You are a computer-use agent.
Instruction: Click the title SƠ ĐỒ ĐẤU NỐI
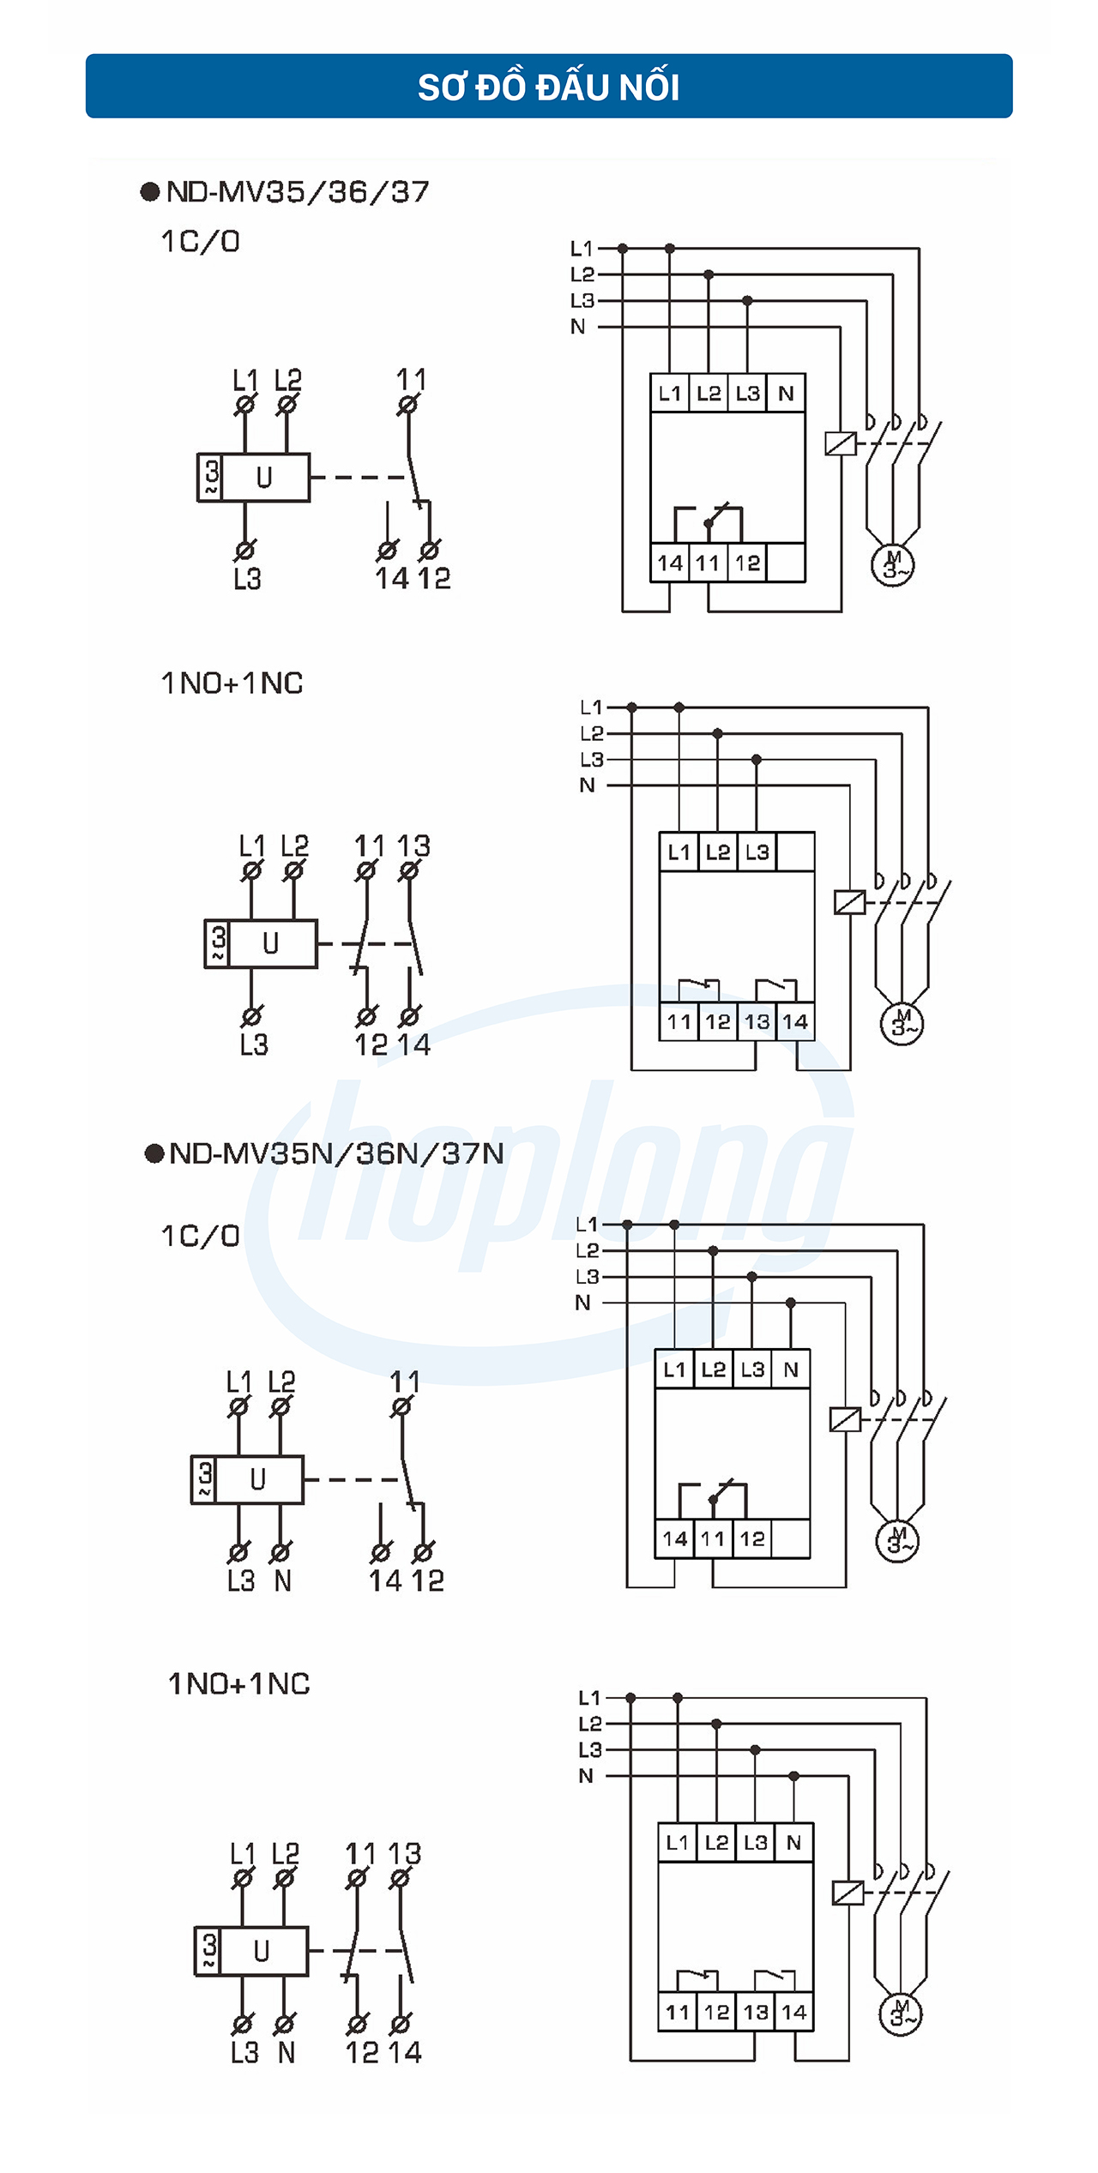click(549, 87)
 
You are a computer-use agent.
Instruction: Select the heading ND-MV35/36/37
click(297, 191)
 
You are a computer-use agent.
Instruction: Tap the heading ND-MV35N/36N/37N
click(335, 1153)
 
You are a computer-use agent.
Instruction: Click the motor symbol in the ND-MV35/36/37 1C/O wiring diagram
click(893, 565)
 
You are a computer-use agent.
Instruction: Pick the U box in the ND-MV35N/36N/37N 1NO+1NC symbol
click(262, 1952)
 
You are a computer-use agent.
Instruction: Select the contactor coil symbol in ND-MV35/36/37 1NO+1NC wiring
click(849, 902)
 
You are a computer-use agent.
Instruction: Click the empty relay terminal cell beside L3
click(795, 852)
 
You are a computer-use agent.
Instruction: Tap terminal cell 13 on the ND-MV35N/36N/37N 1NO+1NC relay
click(756, 2012)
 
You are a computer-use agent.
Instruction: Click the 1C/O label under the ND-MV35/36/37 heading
click(201, 242)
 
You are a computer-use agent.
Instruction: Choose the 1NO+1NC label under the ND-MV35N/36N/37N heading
click(238, 1684)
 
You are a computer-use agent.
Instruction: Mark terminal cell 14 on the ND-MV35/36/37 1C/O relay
click(670, 563)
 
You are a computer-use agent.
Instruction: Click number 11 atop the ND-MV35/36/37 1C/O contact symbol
click(411, 378)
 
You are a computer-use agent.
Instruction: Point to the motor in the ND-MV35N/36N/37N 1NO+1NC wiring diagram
click(900, 2013)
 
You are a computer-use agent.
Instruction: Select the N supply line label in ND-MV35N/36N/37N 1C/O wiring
click(583, 1303)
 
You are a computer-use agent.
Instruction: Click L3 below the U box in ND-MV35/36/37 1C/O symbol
click(247, 579)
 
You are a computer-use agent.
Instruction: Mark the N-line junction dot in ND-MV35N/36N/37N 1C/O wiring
click(791, 1303)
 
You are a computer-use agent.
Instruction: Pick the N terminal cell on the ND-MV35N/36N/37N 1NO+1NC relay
click(794, 1842)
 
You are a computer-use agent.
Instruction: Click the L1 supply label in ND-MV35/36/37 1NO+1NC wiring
click(591, 707)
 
